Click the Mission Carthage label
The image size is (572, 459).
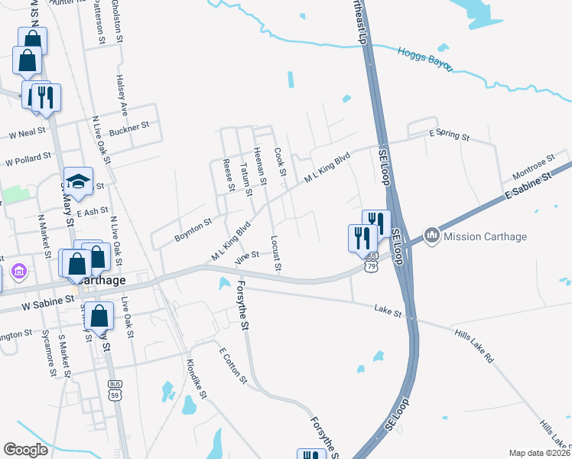click(x=485, y=236)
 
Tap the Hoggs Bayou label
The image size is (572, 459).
click(x=425, y=58)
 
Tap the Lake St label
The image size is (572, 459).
click(x=388, y=310)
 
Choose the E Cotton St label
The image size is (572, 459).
click(x=233, y=366)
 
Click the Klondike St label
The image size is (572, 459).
click(x=197, y=378)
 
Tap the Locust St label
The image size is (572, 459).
click(x=276, y=253)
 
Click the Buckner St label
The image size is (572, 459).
click(x=128, y=128)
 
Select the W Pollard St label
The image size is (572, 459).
click(x=28, y=159)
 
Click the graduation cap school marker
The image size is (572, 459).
click(x=77, y=181)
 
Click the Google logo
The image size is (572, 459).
click(x=25, y=450)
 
